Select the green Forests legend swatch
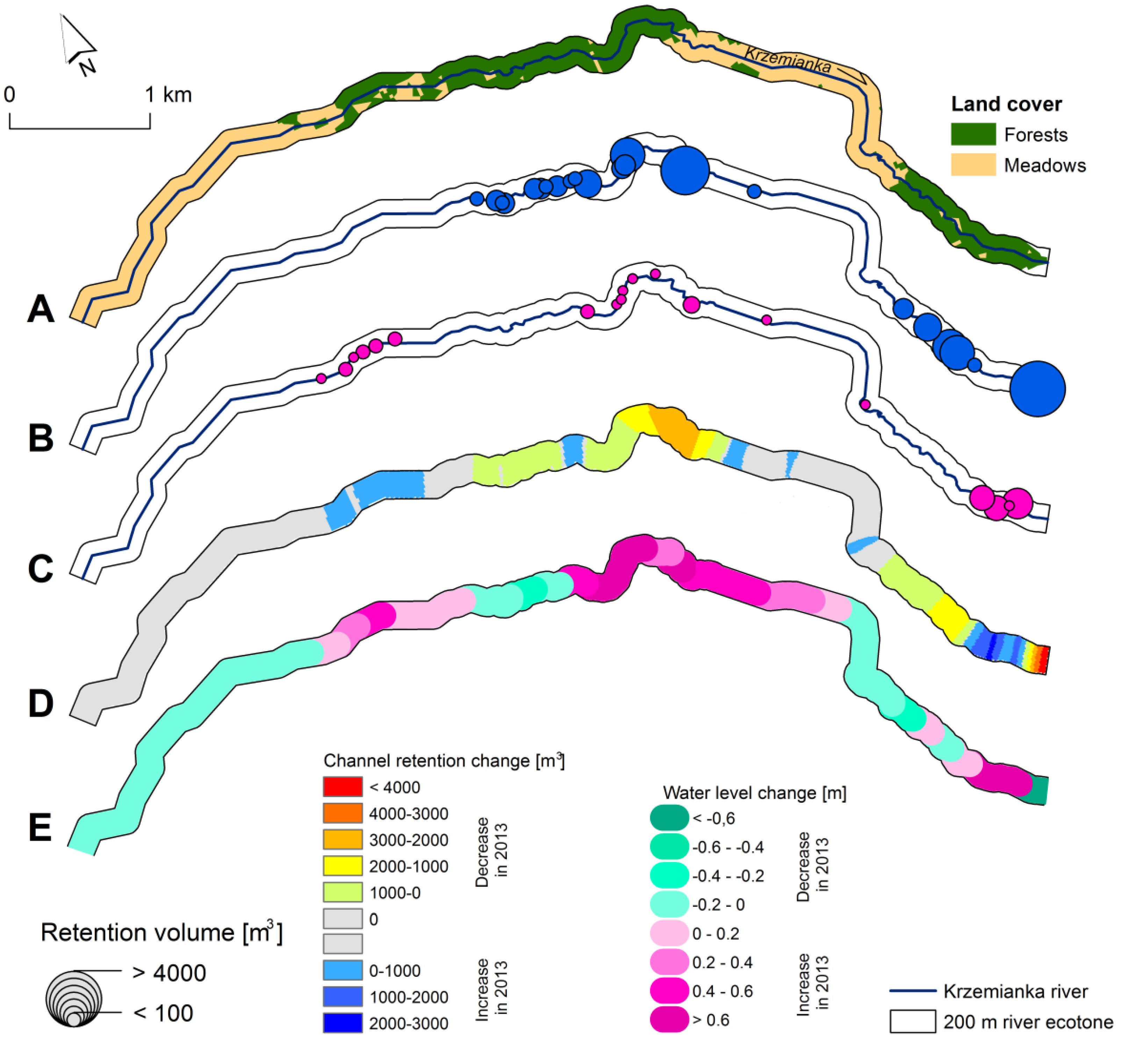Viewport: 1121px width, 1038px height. point(973,134)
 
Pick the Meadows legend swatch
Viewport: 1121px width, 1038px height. point(973,165)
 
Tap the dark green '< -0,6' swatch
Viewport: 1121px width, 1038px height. point(669,818)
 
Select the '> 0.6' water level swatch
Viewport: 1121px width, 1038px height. point(669,1019)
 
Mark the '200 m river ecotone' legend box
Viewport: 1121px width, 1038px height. point(913,1022)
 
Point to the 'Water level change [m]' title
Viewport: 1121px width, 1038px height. point(754,793)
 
